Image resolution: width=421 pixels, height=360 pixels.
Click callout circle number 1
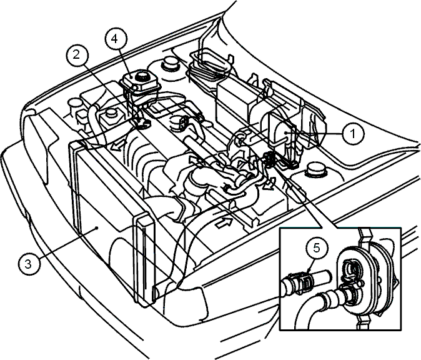pos(353,134)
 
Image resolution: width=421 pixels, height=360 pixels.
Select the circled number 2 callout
pos(77,55)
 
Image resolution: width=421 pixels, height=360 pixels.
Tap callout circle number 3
pos(29,264)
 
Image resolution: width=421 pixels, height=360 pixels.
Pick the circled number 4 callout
pos(115,39)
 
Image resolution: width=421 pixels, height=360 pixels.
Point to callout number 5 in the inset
pos(317,248)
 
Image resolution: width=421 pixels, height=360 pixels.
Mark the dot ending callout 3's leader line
pos(96,228)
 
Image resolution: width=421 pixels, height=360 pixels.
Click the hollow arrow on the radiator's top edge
pos(117,146)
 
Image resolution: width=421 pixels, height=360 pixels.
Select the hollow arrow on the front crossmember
pos(224,222)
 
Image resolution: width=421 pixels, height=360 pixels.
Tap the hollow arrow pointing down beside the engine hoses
pos(267,185)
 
